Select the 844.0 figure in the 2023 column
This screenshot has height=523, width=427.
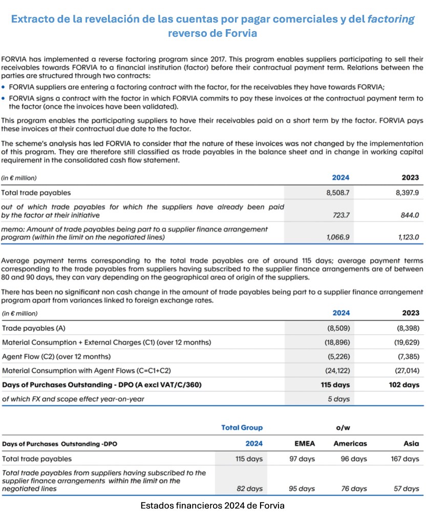point(409,215)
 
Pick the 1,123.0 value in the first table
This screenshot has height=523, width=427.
point(408,238)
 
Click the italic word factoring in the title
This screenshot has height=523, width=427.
point(391,19)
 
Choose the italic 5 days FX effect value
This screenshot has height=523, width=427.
point(338,399)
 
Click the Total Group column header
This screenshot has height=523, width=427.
point(242,427)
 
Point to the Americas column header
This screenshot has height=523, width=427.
point(350,444)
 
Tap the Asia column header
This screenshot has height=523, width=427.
point(411,444)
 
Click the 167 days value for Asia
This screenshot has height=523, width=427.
point(404,459)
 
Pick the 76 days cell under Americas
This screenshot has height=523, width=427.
point(354,489)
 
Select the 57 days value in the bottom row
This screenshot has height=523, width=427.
point(407,489)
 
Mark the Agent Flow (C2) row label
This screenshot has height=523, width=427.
point(56,356)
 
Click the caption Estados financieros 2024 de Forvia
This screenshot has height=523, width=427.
point(212,506)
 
